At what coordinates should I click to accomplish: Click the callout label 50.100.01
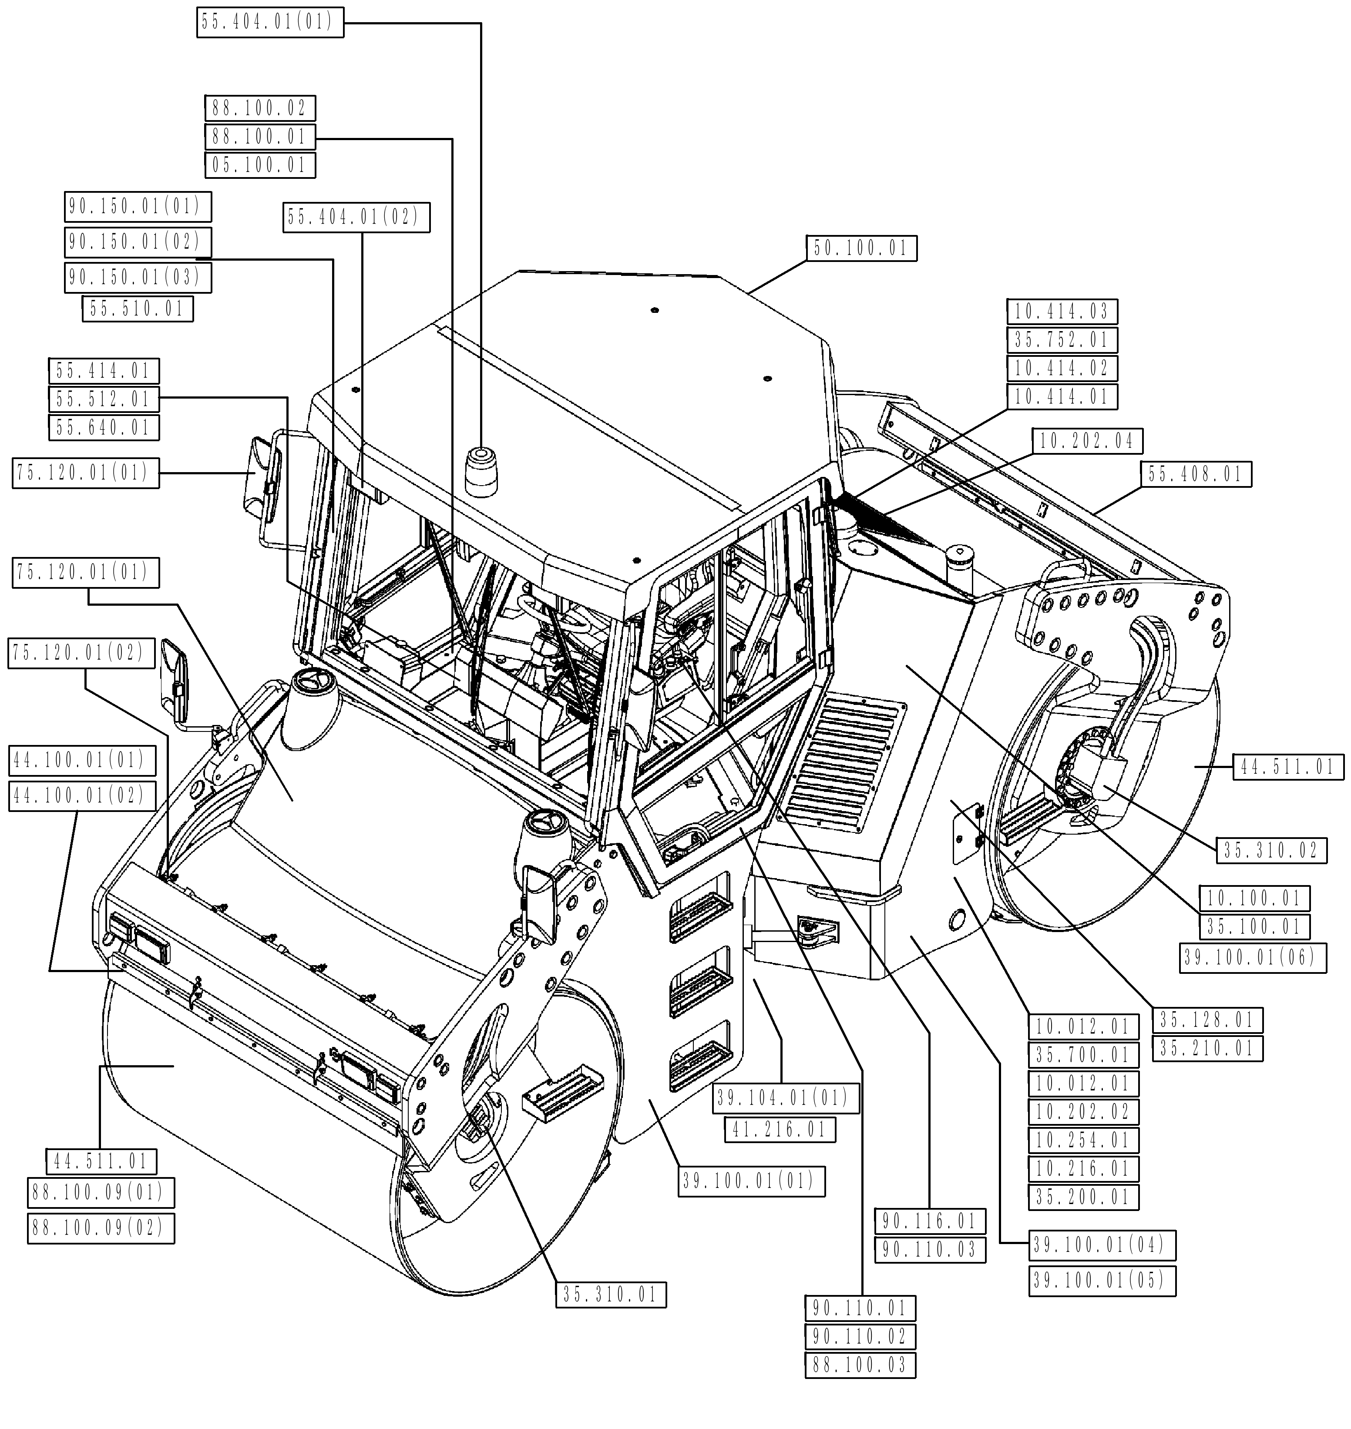pyautogui.click(x=861, y=249)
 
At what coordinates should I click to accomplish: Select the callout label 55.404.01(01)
pyautogui.click(x=269, y=22)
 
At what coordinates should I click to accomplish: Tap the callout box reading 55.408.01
pyautogui.click(x=1196, y=474)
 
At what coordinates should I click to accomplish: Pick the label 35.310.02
pyautogui.click(x=1271, y=851)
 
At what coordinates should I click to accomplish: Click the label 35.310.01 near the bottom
pyautogui.click(x=611, y=1295)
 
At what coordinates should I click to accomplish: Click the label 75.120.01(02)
pyautogui.click(x=81, y=653)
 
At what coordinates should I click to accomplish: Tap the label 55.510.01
pyautogui.click(x=138, y=309)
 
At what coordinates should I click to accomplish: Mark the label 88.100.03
pyautogui.click(x=860, y=1365)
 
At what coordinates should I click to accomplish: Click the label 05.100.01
pyautogui.click(x=260, y=165)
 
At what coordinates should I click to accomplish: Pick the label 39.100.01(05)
pyautogui.click(x=1102, y=1281)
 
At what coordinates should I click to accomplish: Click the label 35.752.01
pyautogui.click(x=1062, y=340)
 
